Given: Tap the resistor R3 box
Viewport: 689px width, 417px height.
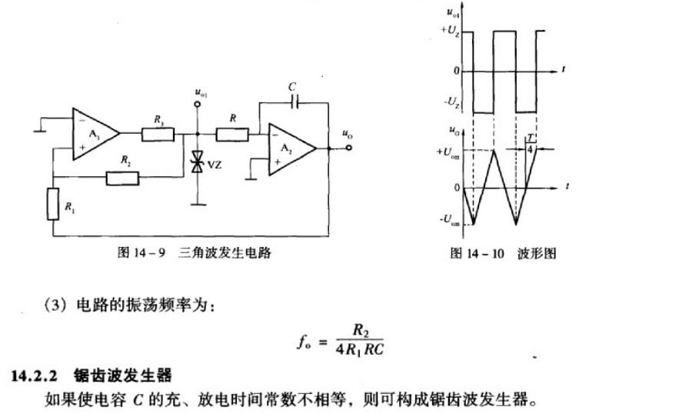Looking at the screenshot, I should click(x=158, y=134).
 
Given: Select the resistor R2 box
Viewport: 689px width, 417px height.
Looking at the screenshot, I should click(x=122, y=178).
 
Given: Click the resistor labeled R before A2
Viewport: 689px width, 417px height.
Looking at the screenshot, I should click(x=232, y=134).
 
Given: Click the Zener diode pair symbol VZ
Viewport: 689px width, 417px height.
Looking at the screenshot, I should click(x=198, y=162).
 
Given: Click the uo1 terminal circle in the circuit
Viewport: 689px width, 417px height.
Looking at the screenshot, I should click(x=198, y=102).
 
